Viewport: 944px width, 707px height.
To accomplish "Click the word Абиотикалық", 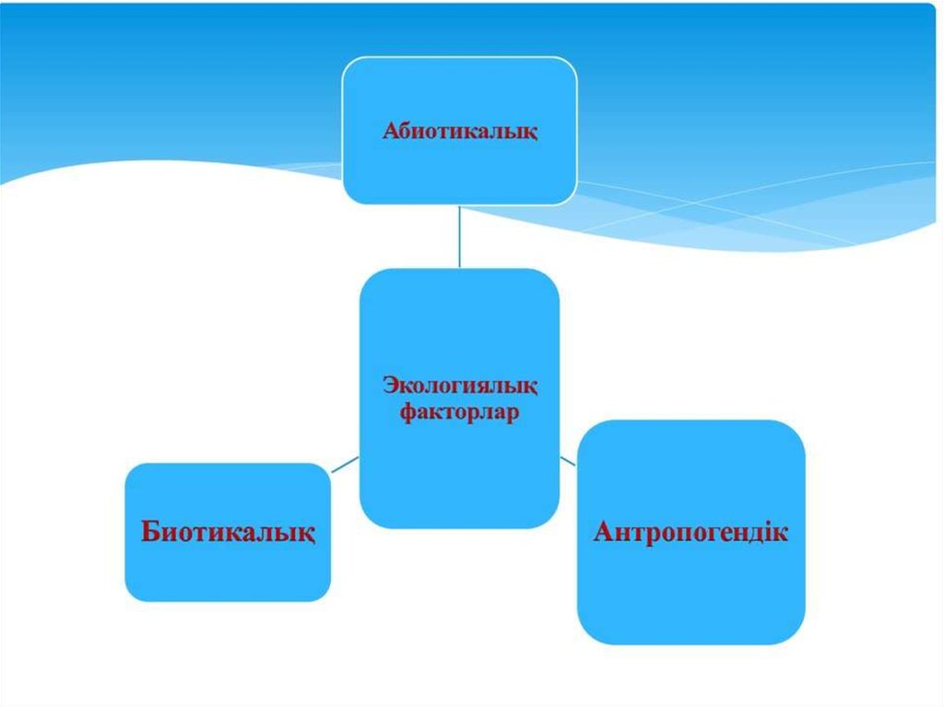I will (460, 132).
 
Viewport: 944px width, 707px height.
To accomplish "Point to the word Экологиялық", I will (460, 386).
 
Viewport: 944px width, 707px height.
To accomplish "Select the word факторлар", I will (460, 412).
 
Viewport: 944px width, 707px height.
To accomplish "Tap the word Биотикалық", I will (228, 532).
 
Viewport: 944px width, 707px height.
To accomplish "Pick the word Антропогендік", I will (690, 532).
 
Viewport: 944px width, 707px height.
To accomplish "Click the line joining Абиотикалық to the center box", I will (459, 236).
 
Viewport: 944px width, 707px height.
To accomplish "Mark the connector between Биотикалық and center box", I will (345, 464).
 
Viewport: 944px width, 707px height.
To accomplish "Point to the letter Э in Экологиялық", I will (388, 386).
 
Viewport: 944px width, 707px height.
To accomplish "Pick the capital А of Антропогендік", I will (605, 532).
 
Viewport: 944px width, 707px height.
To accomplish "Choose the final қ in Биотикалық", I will (308, 534).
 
